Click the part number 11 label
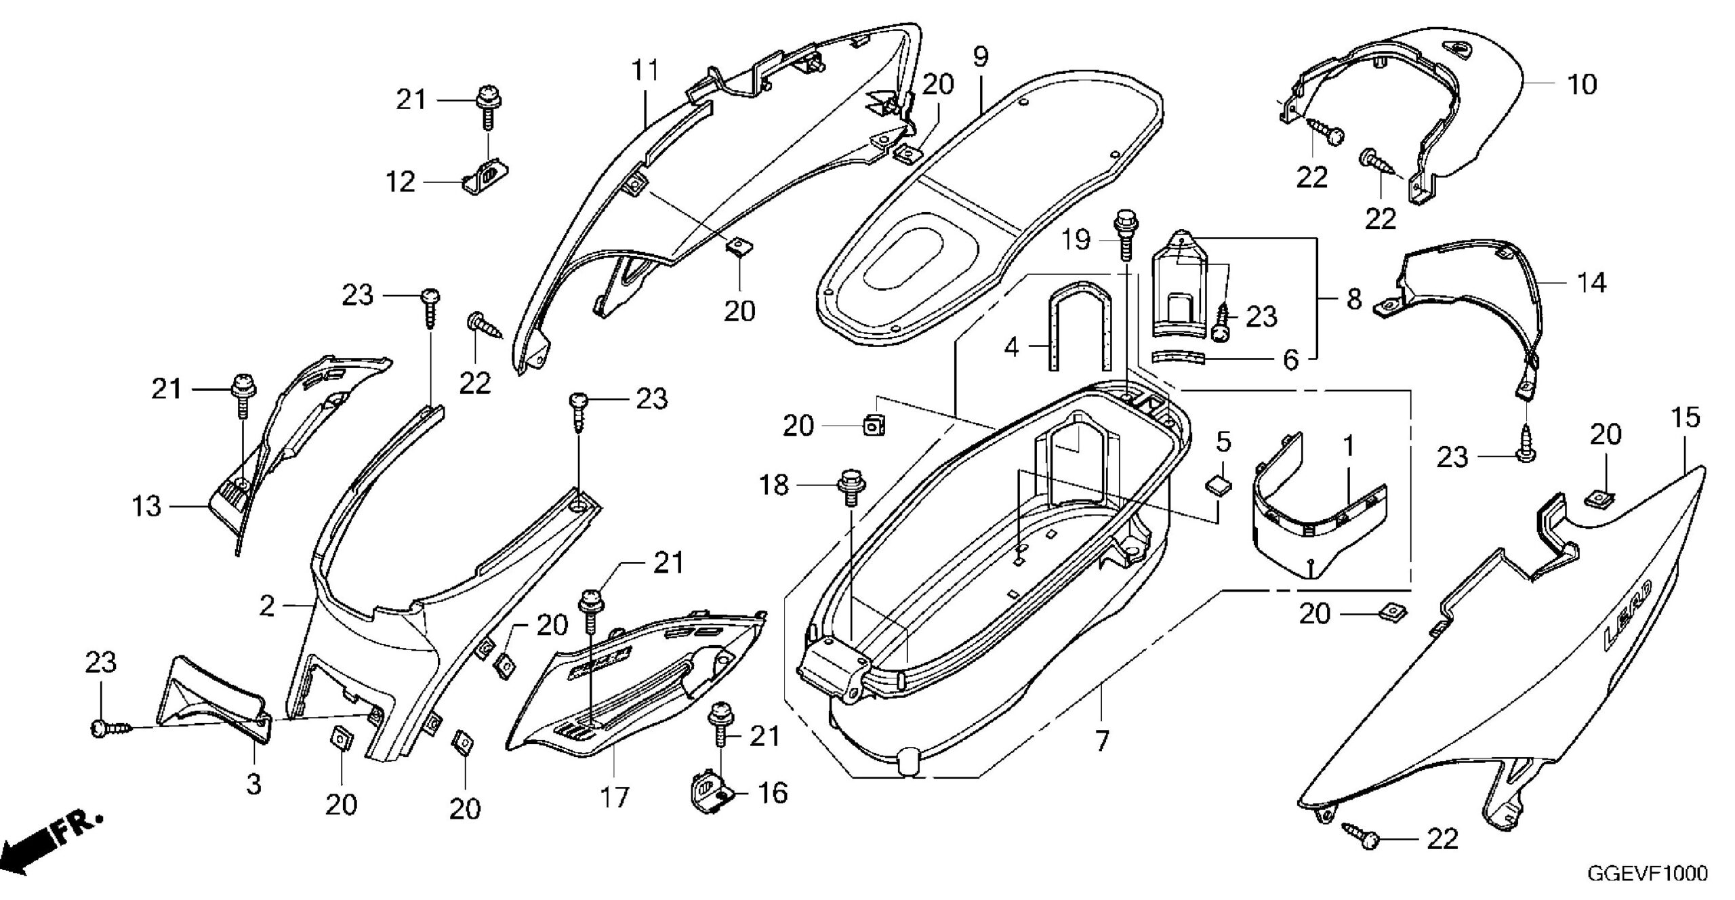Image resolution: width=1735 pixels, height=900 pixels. [x=645, y=70]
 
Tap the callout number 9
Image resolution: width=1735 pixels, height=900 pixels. [x=981, y=56]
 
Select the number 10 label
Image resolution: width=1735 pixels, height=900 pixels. [x=1583, y=85]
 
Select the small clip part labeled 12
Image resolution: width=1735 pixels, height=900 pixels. [x=486, y=177]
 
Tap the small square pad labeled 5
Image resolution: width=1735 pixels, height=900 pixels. [x=1218, y=486]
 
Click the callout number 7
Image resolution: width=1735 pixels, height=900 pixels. [x=1102, y=741]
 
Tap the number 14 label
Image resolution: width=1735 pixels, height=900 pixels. [x=1592, y=282]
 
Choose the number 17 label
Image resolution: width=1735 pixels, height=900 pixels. [x=615, y=797]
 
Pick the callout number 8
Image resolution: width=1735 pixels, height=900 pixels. [x=1354, y=299]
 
